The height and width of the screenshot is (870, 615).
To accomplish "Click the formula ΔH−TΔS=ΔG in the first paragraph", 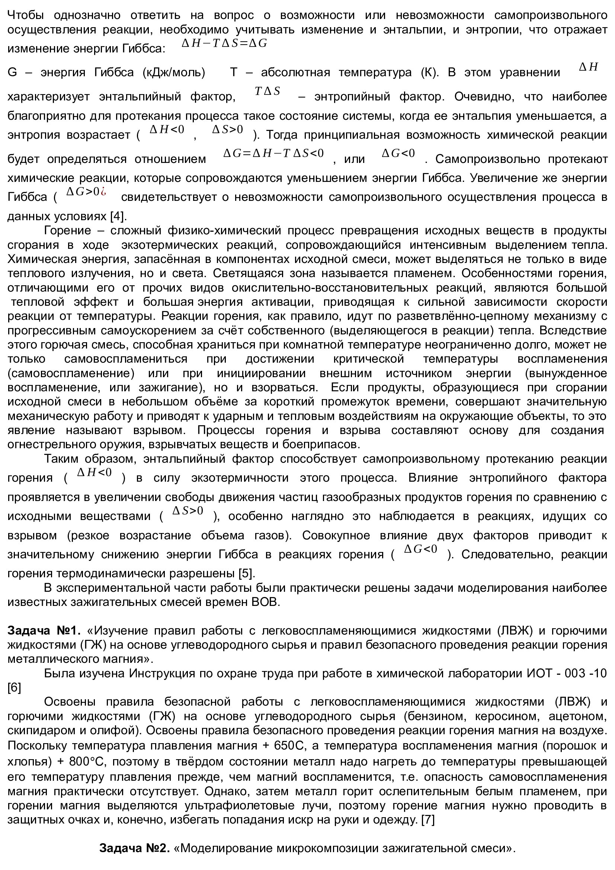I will pyautogui.click(x=224, y=44).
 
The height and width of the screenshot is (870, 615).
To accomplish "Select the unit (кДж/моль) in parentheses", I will pyautogui.click(x=174, y=72).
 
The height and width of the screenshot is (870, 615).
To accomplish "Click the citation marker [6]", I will pyautogui.click(x=14, y=688).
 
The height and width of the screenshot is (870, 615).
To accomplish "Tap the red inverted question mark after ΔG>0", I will pyautogui.click(x=103, y=192).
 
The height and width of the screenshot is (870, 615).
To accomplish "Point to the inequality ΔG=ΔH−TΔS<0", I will pyautogui.click(x=273, y=154).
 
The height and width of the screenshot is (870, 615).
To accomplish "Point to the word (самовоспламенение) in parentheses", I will pyautogui.click(x=71, y=373).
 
